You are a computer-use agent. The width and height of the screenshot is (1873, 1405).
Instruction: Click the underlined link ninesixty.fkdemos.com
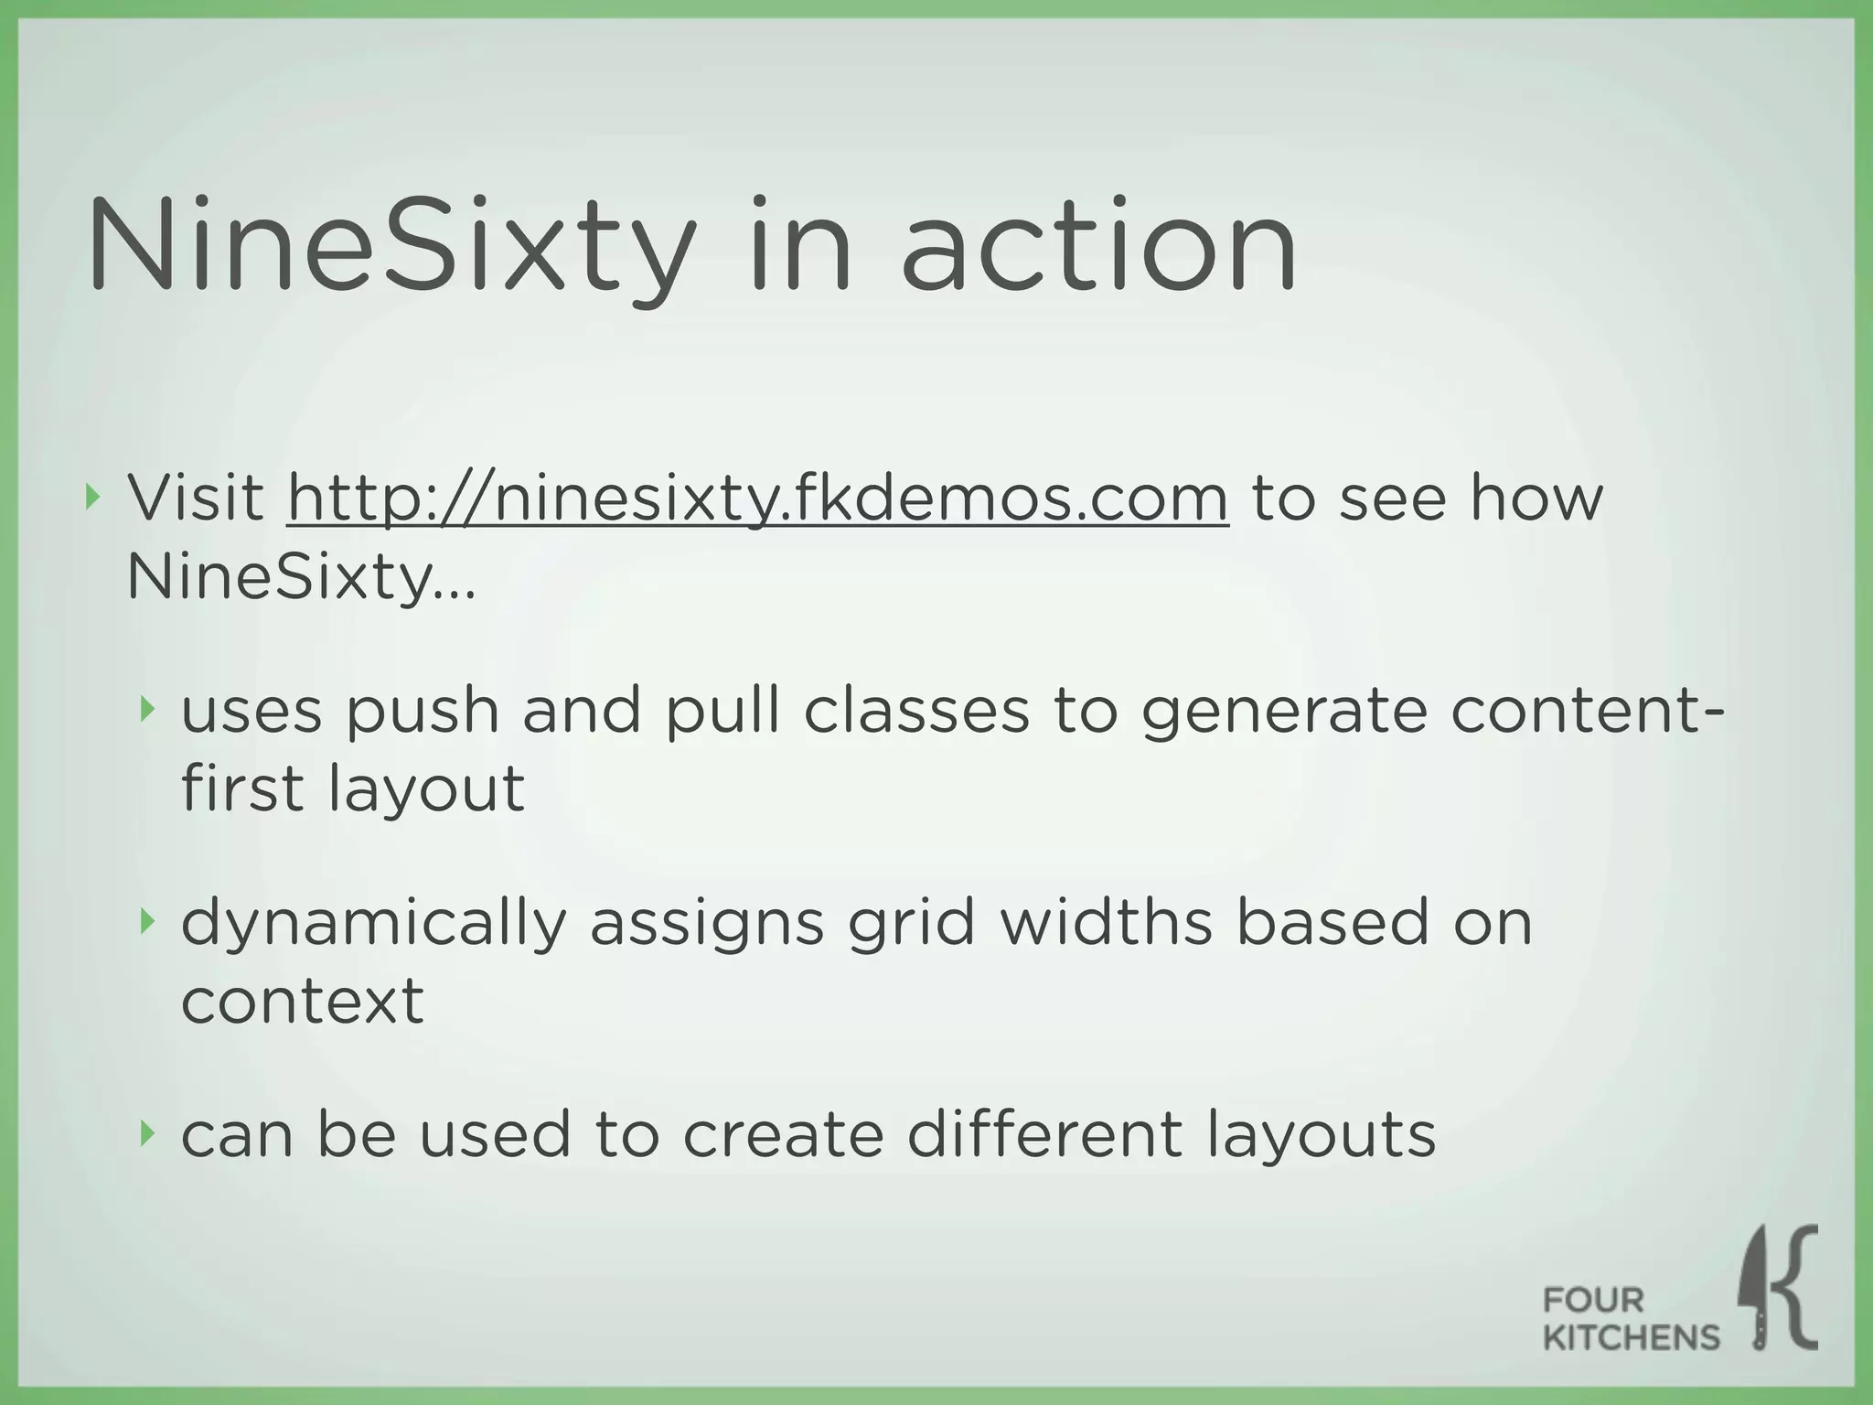(x=757, y=499)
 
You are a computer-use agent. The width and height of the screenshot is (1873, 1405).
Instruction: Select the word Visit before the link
(x=196, y=499)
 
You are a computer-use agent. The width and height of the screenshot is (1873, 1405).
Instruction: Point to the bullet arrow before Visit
(x=91, y=498)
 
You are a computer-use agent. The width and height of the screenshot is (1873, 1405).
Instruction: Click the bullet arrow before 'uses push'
(x=146, y=709)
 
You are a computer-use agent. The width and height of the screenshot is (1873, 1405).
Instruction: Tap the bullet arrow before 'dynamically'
(x=146, y=922)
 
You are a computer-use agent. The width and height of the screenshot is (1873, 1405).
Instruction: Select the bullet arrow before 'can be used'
(x=146, y=1134)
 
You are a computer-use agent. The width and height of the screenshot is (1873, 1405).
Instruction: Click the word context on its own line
(x=303, y=1001)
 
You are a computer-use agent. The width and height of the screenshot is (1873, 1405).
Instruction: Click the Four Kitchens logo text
(x=1631, y=1318)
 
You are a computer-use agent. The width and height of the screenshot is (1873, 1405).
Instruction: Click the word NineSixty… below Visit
(x=301, y=578)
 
